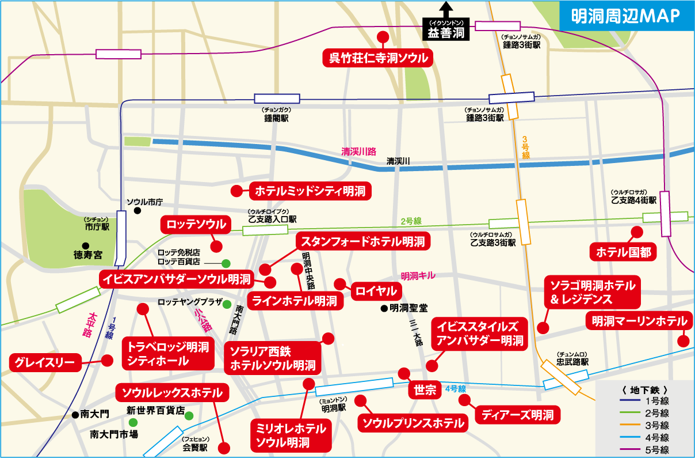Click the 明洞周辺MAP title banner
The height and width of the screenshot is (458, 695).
pos(626,16)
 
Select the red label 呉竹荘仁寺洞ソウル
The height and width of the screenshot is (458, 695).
pos(378,58)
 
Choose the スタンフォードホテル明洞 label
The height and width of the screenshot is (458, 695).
pos(362,241)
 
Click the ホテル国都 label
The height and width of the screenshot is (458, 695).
pos(623,252)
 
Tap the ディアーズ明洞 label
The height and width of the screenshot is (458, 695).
pos(517,414)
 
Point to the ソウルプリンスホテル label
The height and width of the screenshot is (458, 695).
pos(413,423)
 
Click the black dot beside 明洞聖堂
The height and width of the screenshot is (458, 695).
pos(384,308)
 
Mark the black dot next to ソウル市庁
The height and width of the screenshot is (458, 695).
pos(138,211)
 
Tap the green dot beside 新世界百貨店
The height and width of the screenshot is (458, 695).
pos(189,415)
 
